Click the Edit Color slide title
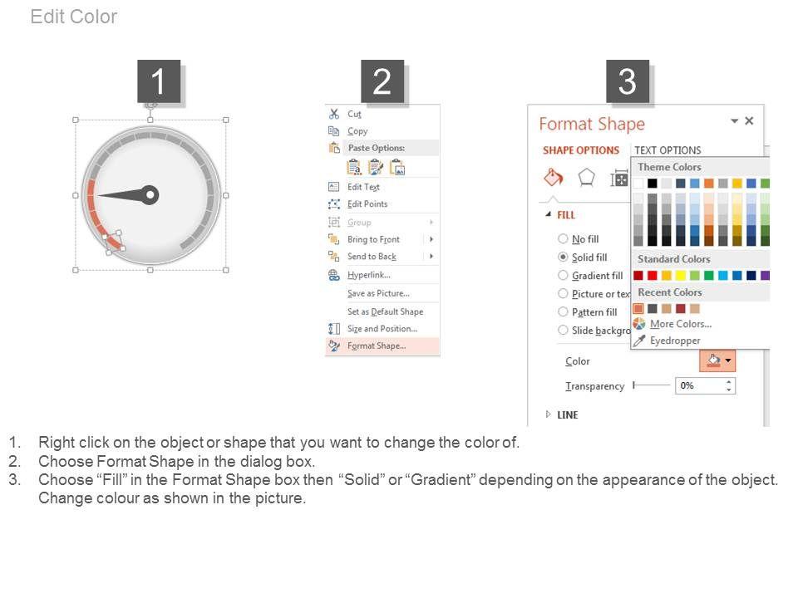[74, 17]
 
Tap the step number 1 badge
[159, 81]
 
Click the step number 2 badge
[382, 81]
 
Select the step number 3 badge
[628, 81]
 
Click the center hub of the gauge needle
[150, 194]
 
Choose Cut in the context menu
[354, 114]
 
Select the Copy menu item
[357, 131]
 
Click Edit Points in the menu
[367, 204]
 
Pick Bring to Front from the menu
[373, 239]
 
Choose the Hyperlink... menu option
[369, 275]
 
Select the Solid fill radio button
[563, 257]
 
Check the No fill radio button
[563, 238]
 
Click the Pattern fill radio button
[563, 311]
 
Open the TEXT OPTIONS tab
[667, 150]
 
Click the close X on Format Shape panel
[749, 121]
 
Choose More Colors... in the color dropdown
[681, 324]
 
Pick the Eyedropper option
[675, 341]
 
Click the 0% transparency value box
[705, 386]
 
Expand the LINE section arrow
[548, 414]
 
